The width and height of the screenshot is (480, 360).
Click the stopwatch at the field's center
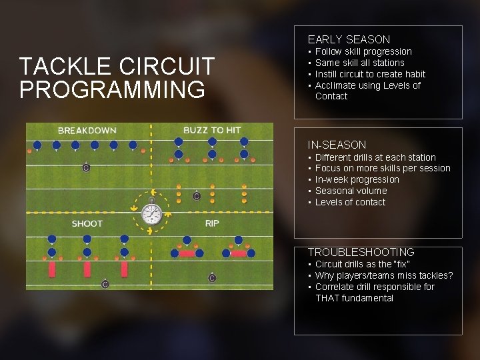tap(152, 213)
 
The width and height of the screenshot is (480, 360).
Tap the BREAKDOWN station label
tap(87, 131)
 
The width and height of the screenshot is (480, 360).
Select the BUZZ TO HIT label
tap(212, 130)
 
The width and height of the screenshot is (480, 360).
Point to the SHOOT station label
tap(87, 223)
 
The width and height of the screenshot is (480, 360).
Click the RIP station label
tap(213, 223)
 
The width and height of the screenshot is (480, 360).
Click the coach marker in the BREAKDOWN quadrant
tap(86, 167)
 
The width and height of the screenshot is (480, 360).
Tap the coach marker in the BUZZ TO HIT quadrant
tap(197, 196)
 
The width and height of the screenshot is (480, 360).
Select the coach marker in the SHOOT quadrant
tap(105, 284)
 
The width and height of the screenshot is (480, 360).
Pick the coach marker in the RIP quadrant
tap(212, 278)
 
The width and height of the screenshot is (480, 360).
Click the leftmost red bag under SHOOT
tap(52, 269)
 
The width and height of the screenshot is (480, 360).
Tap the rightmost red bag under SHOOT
tap(125, 269)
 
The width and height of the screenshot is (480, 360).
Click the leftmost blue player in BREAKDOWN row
tap(37, 145)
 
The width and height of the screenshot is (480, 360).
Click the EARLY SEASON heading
tap(349, 40)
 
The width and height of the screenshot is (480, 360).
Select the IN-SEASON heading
tap(337, 145)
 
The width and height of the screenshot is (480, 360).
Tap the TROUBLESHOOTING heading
tap(361, 252)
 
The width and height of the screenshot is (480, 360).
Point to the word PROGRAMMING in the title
tap(113, 89)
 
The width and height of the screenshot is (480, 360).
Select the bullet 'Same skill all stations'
tap(359, 63)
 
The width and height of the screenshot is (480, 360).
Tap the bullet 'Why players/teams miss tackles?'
tap(384, 275)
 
